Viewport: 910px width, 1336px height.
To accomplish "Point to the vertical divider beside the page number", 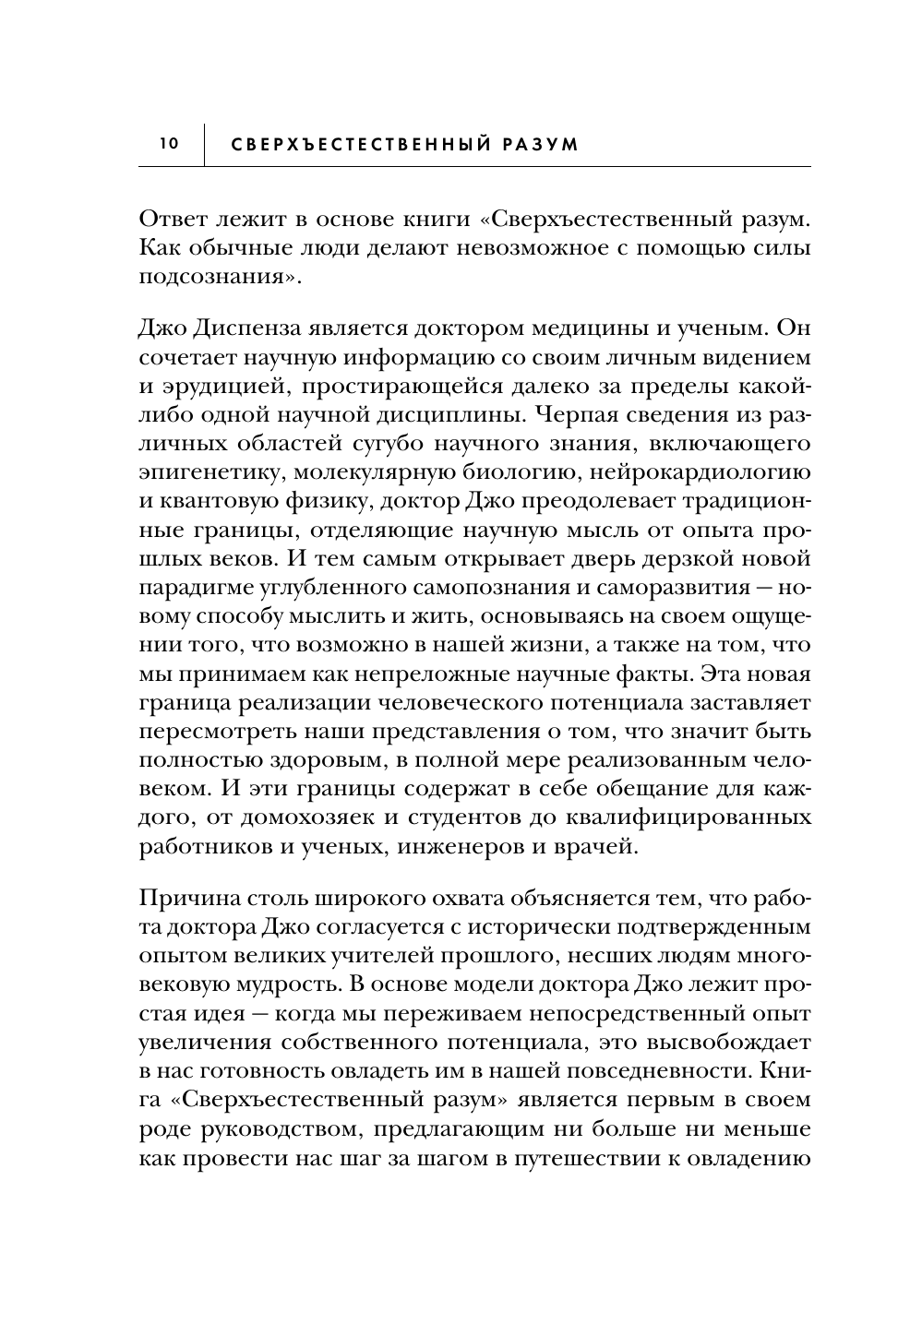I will tap(204, 145).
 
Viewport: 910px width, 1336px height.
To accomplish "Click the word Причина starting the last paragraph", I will tap(186, 898).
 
